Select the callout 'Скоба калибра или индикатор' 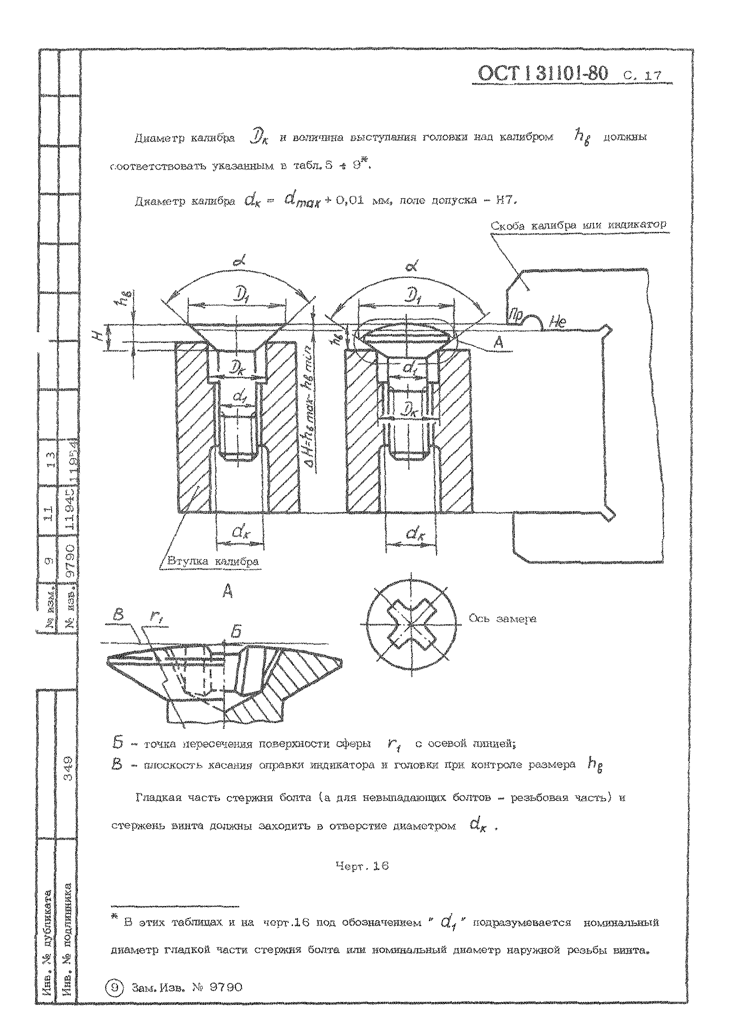pos(578,225)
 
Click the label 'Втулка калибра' pos(213,561)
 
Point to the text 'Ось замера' pos(502,618)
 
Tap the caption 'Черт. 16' pos(362,866)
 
